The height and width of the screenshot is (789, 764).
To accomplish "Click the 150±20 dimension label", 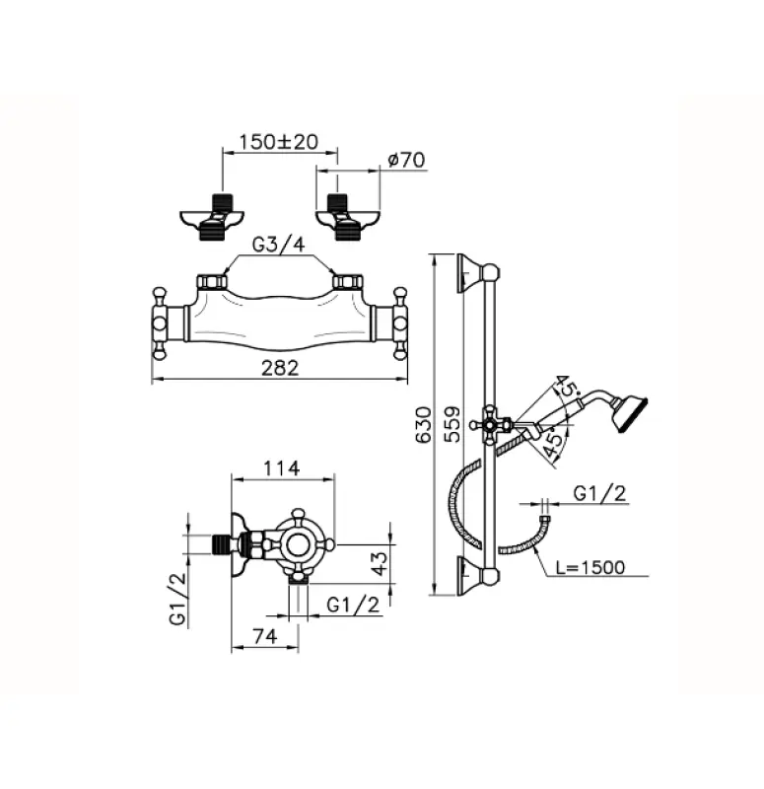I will coord(277,142).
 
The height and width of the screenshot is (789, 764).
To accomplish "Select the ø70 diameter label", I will coord(406,159).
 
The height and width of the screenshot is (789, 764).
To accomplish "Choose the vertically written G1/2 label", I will coord(177,601).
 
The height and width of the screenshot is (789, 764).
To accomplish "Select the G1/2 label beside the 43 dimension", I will coord(352,605).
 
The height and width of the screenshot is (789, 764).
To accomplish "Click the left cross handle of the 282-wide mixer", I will coord(161,322).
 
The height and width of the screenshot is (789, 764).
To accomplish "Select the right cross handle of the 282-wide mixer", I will coord(400,322).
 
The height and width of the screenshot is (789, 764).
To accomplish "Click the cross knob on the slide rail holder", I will coord(488,425).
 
